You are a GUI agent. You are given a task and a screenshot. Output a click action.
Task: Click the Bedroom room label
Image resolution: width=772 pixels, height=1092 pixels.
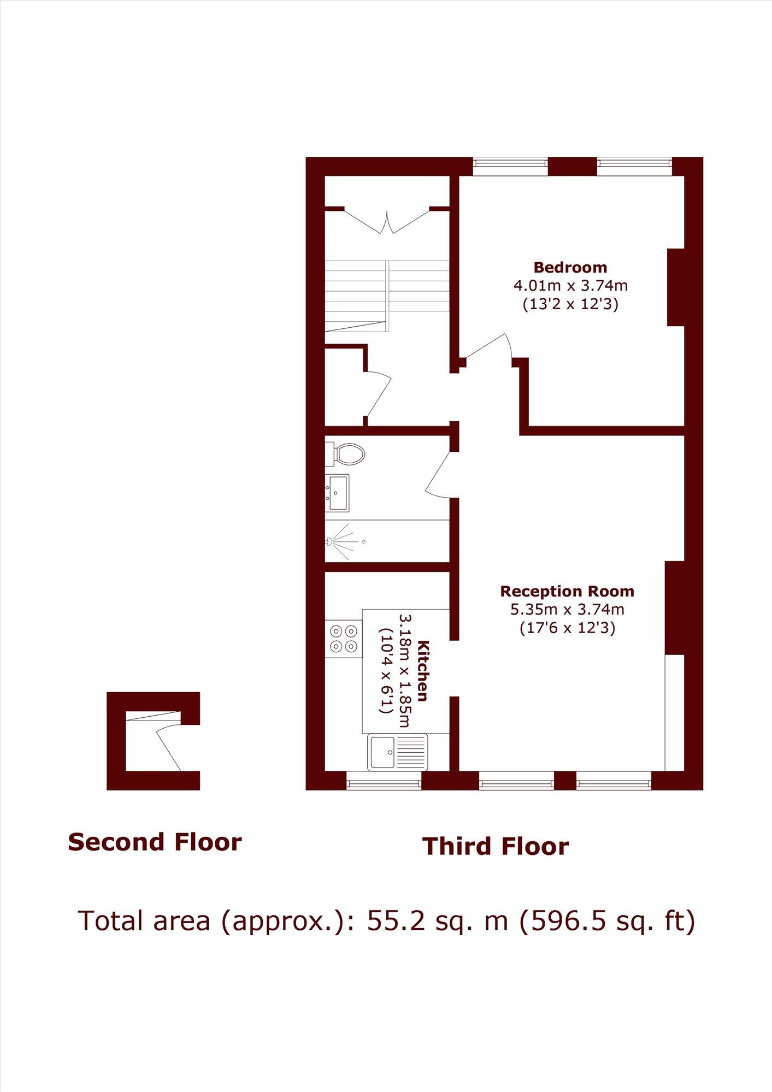(x=570, y=268)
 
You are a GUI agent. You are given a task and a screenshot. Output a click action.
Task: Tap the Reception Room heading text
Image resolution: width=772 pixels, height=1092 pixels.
(x=567, y=592)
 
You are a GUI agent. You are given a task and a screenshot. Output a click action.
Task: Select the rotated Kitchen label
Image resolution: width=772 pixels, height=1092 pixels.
(x=422, y=671)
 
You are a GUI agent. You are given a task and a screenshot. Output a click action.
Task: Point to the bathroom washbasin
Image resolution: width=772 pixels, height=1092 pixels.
(x=338, y=492)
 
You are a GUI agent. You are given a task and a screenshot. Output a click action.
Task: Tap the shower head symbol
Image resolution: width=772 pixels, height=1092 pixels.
(x=330, y=541)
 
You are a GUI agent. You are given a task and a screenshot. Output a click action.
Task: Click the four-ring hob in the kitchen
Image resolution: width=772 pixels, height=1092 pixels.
(x=344, y=639)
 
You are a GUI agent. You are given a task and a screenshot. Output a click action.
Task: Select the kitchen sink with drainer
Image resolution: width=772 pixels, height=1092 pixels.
(x=397, y=752)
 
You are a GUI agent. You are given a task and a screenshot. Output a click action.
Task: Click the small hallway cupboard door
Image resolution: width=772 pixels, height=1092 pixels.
(x=379, y=393)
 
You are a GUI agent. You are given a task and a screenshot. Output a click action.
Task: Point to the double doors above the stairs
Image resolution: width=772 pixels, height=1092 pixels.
(x=387, y=221)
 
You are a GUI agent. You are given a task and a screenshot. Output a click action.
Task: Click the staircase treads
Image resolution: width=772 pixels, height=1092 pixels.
(x=387, y=296)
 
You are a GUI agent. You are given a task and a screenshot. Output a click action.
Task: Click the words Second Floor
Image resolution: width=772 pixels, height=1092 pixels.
(x=155, y=842)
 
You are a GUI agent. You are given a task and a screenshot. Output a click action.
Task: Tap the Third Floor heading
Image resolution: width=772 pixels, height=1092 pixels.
(x=495, y=846)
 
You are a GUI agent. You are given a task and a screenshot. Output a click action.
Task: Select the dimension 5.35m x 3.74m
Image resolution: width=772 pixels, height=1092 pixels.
(x=567, y=609)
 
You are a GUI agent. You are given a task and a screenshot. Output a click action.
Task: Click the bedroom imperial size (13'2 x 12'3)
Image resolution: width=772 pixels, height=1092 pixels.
(x=570, y=304)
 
